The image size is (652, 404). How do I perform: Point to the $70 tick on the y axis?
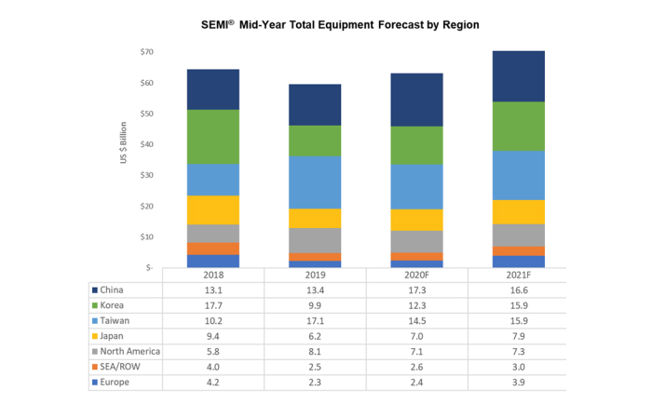tap(146, 52)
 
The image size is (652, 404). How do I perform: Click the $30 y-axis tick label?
tap(146, 175)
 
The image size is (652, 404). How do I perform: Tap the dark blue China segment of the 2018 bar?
tap(213, 89)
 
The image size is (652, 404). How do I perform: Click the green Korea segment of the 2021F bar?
tap(519, 126)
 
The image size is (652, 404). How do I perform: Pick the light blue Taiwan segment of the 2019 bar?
tap(315, 182)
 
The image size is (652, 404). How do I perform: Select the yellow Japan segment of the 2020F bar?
tap(416, 220)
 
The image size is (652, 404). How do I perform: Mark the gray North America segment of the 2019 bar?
tap(315, 240)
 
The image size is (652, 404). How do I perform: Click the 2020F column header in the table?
tap(416, 276)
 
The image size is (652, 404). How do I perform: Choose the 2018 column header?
tap(213, 276)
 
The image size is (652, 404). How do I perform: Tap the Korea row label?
tap(115, 304)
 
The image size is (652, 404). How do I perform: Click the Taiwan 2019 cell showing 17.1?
tap(315, 320)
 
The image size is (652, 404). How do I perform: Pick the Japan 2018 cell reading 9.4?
tap(213, 336)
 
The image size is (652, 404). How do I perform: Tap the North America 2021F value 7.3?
tap(519, 351)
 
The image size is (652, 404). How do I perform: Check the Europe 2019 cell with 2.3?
tap(315, 383)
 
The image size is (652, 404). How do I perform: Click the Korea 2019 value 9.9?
tap(315, 304)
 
